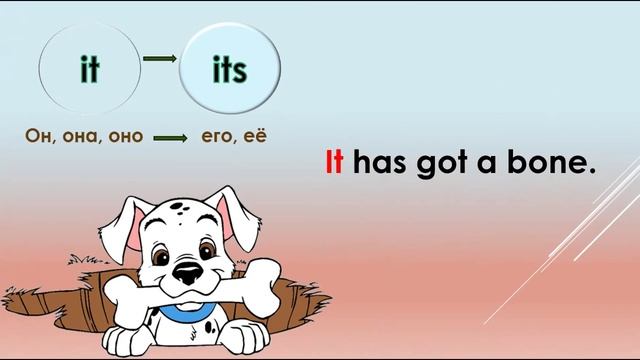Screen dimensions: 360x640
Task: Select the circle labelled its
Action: (x=230, y=70)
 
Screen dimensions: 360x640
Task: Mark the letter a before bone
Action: (x=509, y=166)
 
